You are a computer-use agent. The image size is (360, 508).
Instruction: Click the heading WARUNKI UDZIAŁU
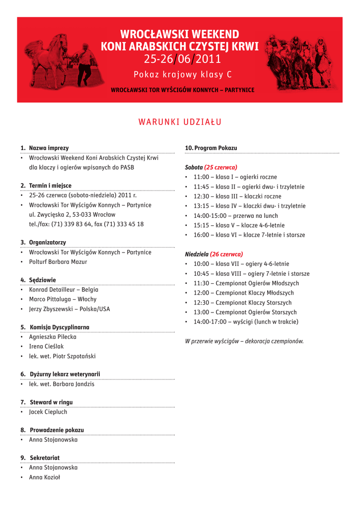point(180,123)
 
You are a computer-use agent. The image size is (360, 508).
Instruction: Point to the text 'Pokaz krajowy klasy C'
point(182,75)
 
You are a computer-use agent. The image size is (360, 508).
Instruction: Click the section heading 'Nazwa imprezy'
point(49,148)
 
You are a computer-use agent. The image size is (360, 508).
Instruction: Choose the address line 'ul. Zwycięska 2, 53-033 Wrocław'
point(72,215)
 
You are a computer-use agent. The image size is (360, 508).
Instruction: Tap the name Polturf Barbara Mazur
point(58,262)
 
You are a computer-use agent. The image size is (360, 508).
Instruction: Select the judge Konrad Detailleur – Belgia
point(64,290)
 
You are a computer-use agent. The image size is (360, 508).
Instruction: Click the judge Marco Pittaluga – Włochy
point(63,299)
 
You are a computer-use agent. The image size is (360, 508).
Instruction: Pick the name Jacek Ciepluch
point(48,412)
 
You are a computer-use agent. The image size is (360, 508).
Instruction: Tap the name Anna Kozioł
point(44,477)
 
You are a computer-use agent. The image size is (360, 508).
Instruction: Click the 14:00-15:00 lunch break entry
point(236,216)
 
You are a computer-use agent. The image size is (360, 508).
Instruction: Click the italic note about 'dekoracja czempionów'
point(244,341)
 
